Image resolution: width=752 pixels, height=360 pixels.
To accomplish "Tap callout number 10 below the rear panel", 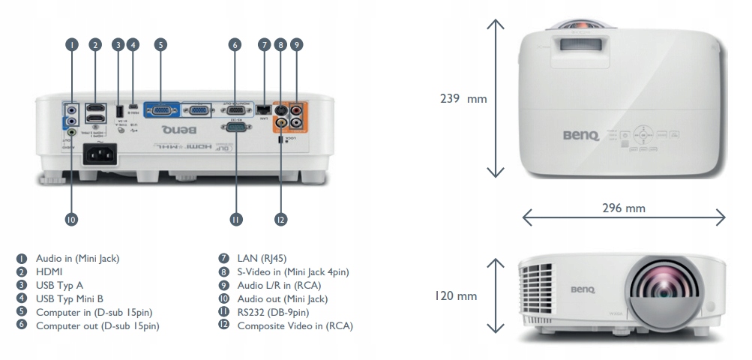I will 72,219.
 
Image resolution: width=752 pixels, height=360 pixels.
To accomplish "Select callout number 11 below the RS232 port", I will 236,219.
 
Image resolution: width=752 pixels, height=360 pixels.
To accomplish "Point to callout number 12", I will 281,219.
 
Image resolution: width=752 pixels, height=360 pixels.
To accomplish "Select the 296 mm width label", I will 623,208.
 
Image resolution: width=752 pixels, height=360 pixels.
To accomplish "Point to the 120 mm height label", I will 456,296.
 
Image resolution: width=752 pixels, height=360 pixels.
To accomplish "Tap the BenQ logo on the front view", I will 582,287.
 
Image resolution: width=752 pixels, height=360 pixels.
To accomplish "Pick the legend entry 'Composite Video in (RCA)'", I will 294,325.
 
